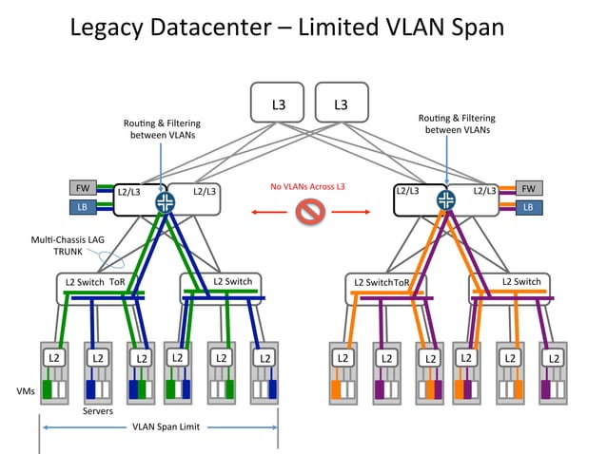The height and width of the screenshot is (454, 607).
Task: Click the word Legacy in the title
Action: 122,28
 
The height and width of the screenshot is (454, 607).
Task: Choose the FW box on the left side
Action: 81,188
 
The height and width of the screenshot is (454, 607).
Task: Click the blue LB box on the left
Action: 81,207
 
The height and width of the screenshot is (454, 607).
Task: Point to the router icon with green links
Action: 166,200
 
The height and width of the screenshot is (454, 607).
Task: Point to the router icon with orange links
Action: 445,199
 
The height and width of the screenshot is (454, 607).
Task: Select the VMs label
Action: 27,390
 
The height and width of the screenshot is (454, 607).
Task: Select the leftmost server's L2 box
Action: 52,358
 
